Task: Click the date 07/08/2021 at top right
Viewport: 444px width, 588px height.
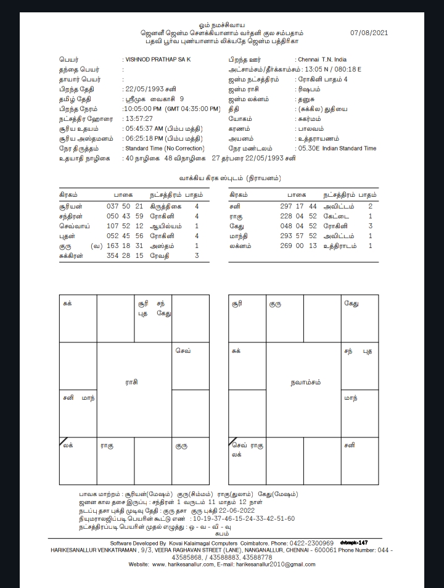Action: (x=369, y=32)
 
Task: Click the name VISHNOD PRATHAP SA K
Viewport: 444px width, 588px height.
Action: (x=158, y=60)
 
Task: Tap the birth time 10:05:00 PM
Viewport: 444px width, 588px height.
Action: (x=146, y=109)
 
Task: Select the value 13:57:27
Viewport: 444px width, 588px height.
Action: (x=140, y=119)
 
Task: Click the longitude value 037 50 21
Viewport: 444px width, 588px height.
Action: (x=125, y=207)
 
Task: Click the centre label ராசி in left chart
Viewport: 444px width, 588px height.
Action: (x=131, y=383)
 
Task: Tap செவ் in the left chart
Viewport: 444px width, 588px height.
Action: (x=183, y=351)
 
